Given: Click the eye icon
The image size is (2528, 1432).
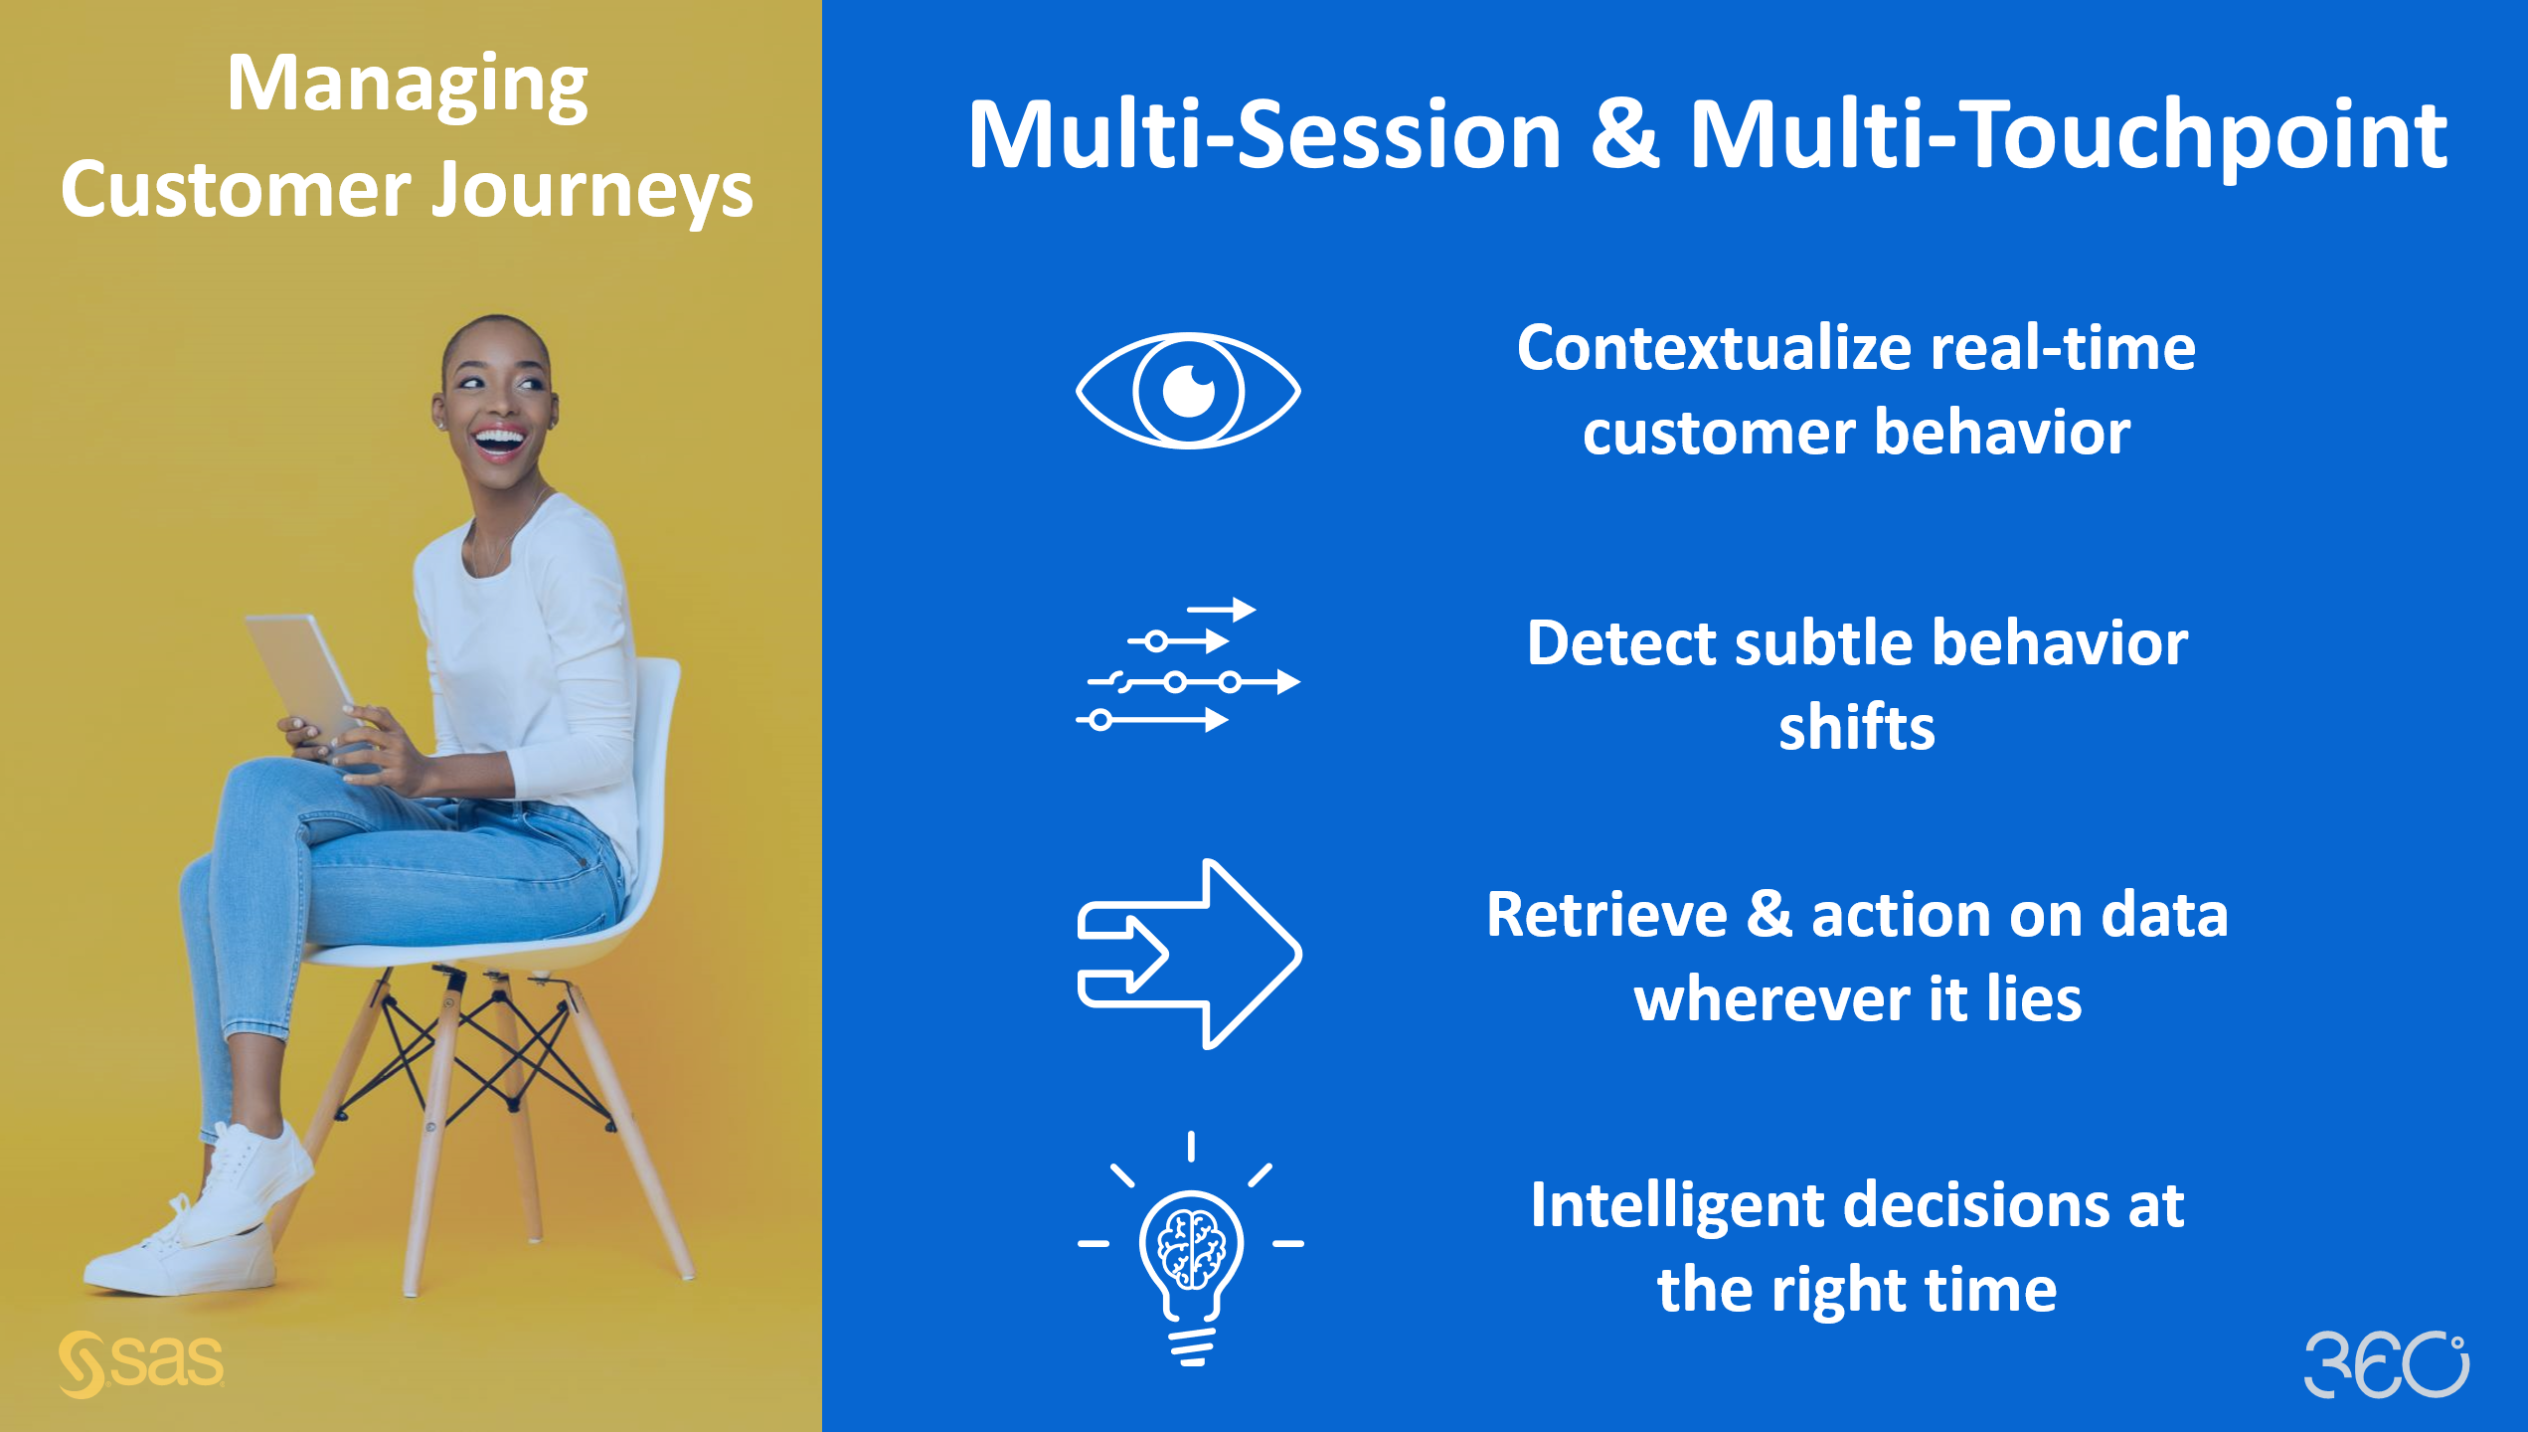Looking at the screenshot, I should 1188,390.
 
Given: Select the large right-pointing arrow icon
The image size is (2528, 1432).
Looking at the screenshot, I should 1190,953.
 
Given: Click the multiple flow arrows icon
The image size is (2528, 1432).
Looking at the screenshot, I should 1188,666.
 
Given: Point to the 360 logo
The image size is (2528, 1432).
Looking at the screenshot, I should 2386,1363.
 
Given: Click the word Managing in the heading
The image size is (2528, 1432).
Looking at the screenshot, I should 408,85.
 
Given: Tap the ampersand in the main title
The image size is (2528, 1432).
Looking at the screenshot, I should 1624,134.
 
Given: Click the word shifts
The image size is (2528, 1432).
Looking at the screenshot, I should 1857,727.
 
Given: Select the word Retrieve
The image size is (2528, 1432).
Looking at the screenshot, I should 1606,915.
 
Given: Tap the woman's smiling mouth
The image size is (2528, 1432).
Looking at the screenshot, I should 498,440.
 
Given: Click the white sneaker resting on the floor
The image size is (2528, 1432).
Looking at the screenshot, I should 179,1258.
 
